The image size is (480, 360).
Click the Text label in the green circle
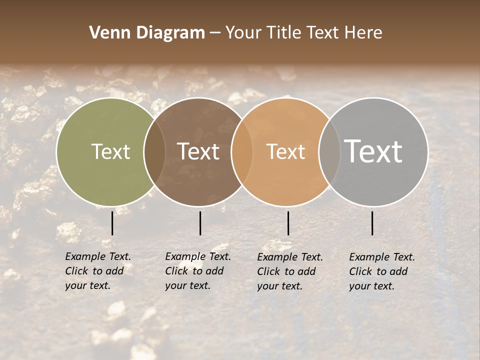(111, 152)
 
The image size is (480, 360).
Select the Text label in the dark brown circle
(198, 152)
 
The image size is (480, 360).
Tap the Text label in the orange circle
(286, 152)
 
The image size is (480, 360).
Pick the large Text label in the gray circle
(373, 152)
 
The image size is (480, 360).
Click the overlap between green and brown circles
(154, 152)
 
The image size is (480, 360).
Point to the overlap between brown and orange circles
(242, 152)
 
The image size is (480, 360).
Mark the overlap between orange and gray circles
(329, 152)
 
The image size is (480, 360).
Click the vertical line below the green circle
(112, 223)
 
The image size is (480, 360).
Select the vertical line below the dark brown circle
(200, 223)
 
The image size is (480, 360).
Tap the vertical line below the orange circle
(288, 223)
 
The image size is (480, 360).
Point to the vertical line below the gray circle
(372, 223)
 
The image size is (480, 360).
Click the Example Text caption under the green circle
(98, 271)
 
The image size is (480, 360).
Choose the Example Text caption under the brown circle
(198, 271)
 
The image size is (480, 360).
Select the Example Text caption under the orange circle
(290, 271)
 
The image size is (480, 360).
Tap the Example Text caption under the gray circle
(382, 271)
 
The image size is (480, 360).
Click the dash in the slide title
(215, 33)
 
